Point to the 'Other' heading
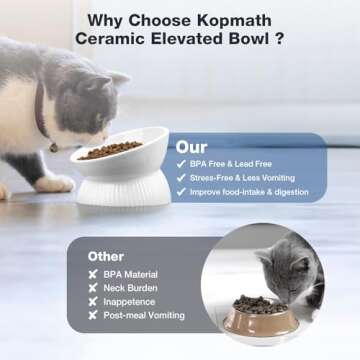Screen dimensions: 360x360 pos(107,255)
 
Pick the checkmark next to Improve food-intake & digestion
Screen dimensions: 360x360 pos(181,192)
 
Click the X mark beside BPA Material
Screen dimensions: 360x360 pos(93,274)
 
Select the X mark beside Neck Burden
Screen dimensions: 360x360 pos(93,288)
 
